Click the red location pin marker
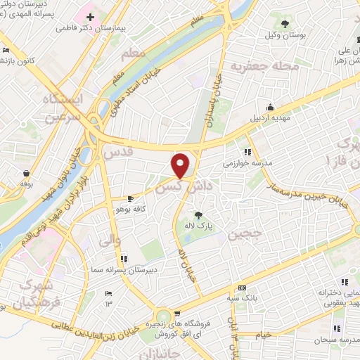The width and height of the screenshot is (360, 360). point(181,165)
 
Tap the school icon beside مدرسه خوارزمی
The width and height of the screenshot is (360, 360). point(247,151)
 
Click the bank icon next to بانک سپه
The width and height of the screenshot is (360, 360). point(242,288)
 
